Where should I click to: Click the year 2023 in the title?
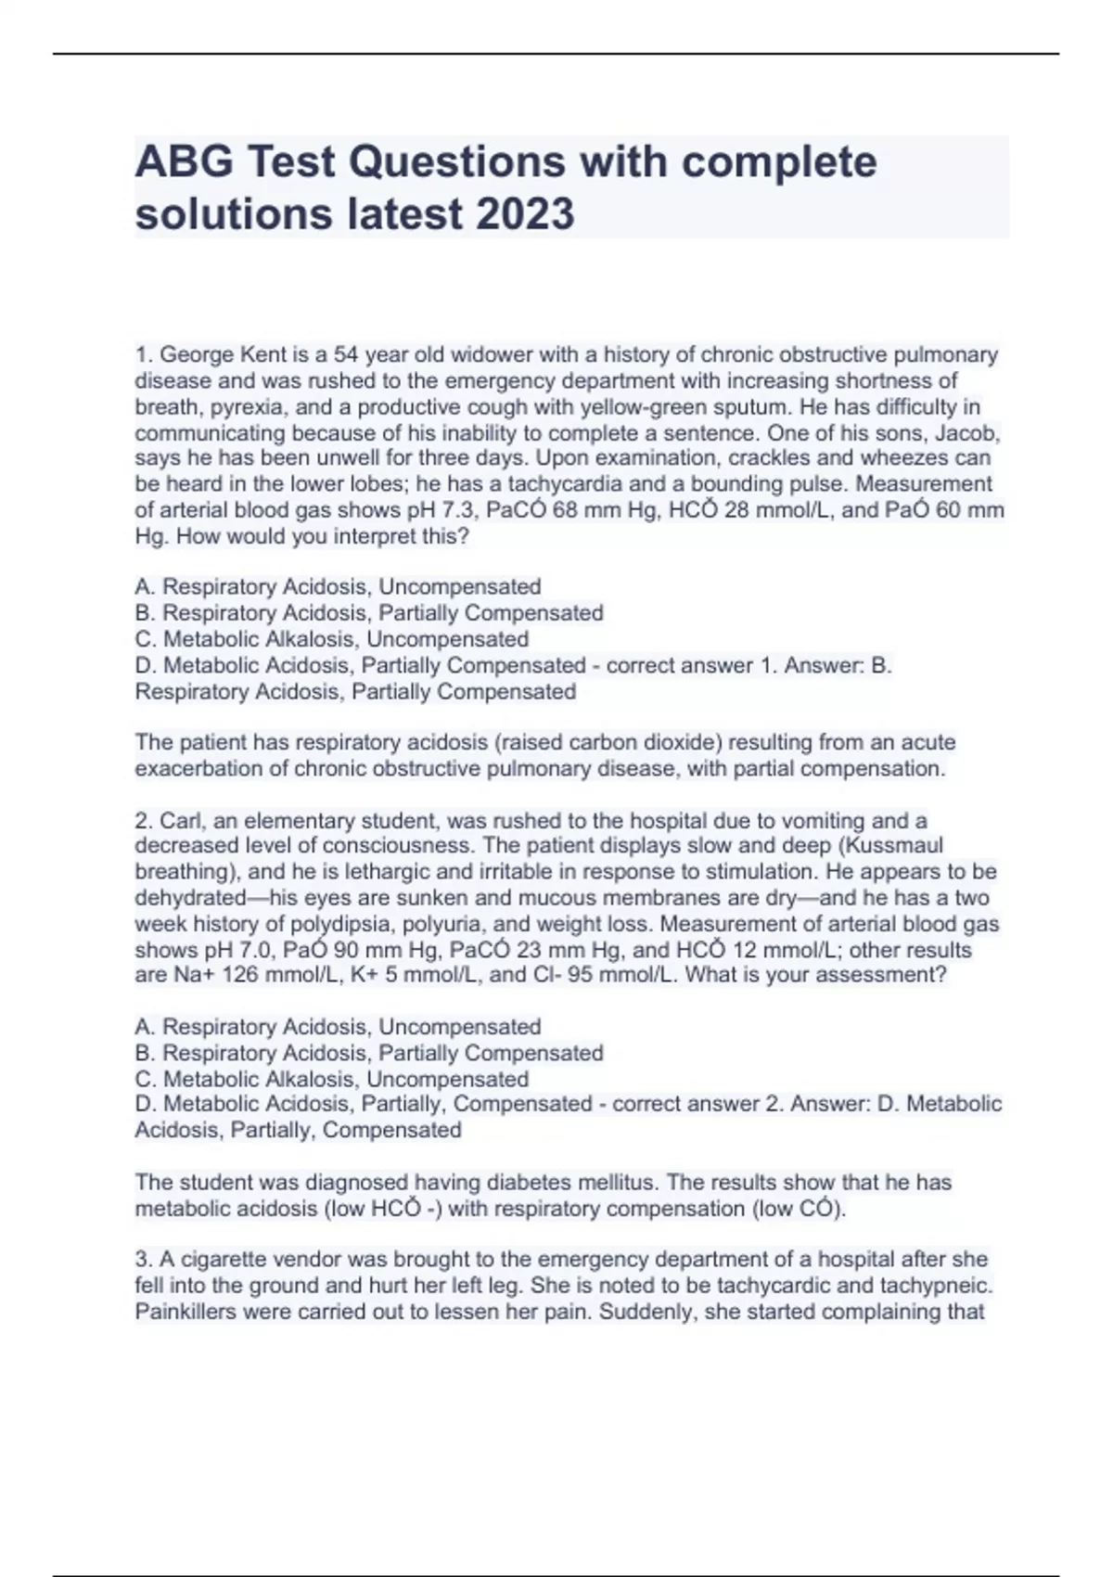525,213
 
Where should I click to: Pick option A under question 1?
339,587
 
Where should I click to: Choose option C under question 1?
332,639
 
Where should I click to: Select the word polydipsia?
342,924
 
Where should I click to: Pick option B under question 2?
369,1053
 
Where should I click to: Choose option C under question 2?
332,1079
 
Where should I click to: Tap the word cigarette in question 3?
229,1260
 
